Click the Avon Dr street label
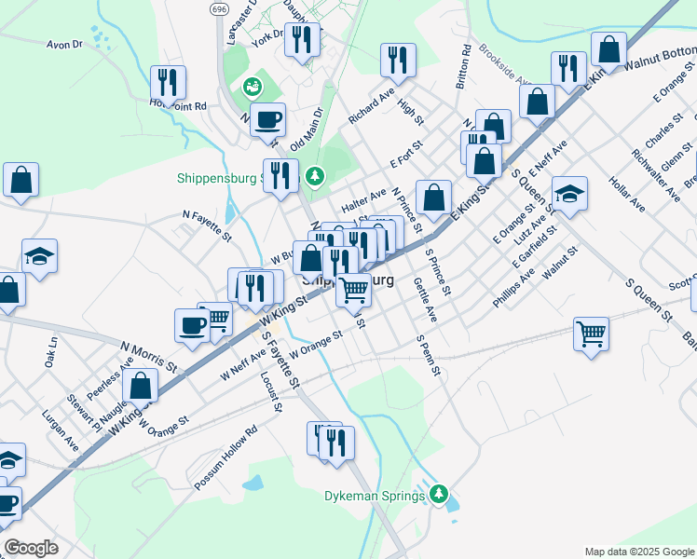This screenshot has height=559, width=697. (65, 44)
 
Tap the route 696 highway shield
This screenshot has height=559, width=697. (218, 8)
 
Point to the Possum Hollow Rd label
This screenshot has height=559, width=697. (225, 459)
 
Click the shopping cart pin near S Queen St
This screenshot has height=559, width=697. (592, 332)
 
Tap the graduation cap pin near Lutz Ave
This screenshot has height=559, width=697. (569, 194)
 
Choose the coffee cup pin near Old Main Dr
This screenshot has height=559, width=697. (267, 119)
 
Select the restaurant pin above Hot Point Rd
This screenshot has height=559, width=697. (168, 81)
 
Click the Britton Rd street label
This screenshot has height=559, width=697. (462, 67)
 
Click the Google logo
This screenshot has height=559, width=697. (31, 548)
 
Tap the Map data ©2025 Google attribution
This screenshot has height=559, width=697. (639, 551)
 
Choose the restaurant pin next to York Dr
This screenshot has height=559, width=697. (301, 39)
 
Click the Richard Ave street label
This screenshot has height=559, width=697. (372, 108)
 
